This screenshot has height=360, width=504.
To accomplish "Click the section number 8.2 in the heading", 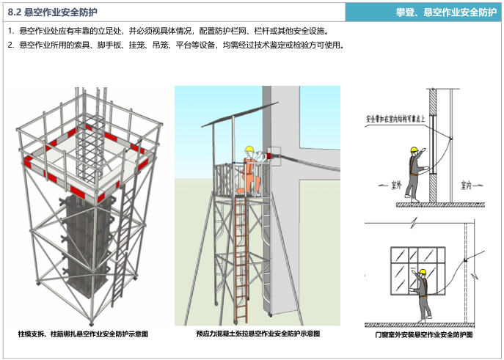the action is tap(14, 12).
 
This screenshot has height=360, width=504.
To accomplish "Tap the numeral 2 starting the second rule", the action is tap(10, 45).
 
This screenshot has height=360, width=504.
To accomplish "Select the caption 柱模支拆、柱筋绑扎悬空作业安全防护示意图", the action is tap(83, 334).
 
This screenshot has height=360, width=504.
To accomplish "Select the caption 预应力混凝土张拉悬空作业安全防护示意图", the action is tap(258, 334).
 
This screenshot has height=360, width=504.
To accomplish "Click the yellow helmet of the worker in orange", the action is tap(249, 149).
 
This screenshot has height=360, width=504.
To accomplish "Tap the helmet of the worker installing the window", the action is tap(422, 272).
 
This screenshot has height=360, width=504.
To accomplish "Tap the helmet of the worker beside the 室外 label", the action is tap(414, 151).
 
